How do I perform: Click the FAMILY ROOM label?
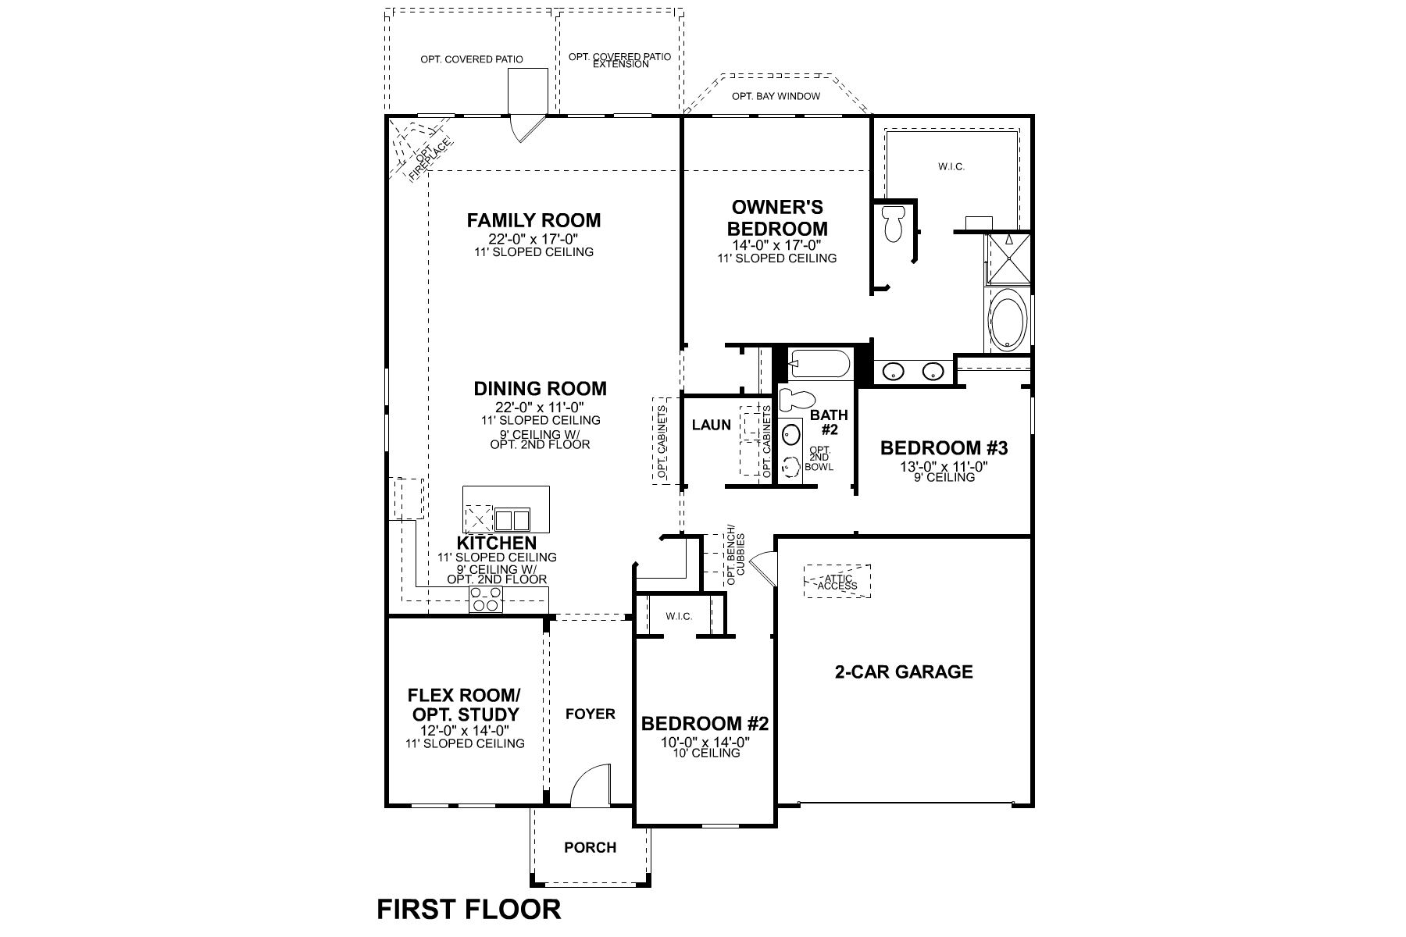pyautogui.click(x=533, y=220)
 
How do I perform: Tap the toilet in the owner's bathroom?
pyautogui.click(x=891, y=223)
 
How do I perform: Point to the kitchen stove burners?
pyautogui.click(x=486, y=600)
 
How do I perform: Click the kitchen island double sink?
pyautogui.click(x=512, y=519)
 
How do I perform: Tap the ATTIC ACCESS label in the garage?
pyautogui.click(x=837, y=582)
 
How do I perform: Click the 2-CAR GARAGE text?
pyautogui.click(x=904, y=672)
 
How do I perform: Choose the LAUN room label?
pyautogui.click(x=712, y=426)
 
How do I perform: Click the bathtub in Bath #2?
pyautogui.click(x=818, y=365)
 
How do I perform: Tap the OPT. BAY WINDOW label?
pyautogui.click(x=776, y=96)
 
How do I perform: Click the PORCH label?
pyautogui.click(x=590, y=847)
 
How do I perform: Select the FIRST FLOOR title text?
pyautogui.click(x=469, y=910)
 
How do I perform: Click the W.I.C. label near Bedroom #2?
pyautogui.click(x=679, y=616)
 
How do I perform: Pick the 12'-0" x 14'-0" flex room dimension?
pyautogui.click(x=464, y=730)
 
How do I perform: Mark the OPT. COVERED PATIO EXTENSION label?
pyautogui.click(x=619, y=60)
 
